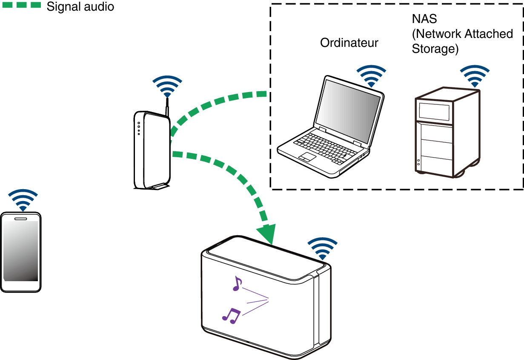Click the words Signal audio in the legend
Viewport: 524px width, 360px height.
pyautogui.click(x=80, y=7)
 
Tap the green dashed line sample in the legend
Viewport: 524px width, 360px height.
pyautogui.click(x=21, y=6)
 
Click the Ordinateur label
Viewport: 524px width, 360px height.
pyautogui.click(x=349, y=43)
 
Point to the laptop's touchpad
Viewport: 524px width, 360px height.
pyautogui.click(x=307, y=157)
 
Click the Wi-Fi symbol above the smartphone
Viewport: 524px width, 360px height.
pyautogui.click(x=23, y=199)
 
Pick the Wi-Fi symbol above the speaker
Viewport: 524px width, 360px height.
pyautogui.click(x=323, y=248)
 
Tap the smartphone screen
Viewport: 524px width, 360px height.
pyautogui.click(x=21, y=251)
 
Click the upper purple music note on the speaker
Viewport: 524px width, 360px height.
pyautogui.click(x=237, y=283)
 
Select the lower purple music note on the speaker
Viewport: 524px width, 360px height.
pyautogui.click(x=231, y=315)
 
